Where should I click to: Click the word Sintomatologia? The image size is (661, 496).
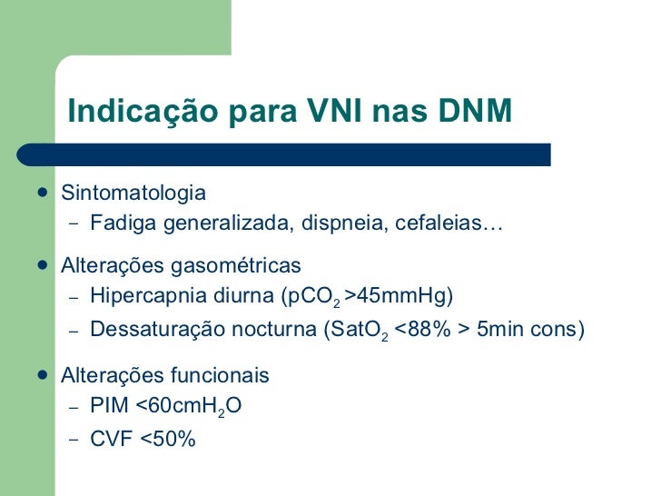133,193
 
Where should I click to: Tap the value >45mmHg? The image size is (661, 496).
400,296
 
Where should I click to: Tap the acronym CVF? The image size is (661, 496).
111,439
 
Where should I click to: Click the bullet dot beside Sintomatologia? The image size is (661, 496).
44,193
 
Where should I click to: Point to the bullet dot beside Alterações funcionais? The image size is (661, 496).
44,375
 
